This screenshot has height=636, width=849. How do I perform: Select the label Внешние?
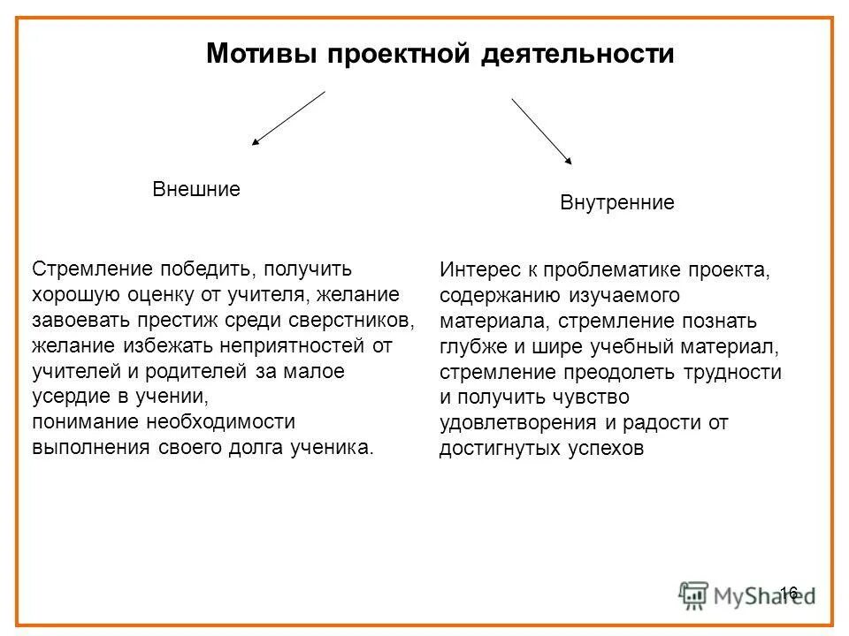point(196,189)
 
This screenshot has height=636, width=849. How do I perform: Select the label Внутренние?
point(617,203)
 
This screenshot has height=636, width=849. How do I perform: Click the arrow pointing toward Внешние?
point(288,117)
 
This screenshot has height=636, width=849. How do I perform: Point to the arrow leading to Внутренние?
point(541,131)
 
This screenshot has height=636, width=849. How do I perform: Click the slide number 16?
point(790,592)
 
